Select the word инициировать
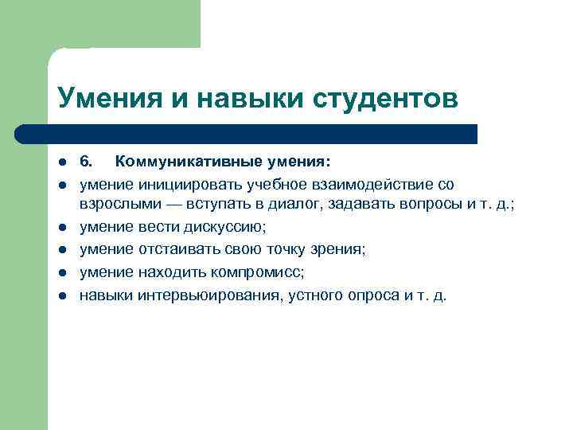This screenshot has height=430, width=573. point(181,185)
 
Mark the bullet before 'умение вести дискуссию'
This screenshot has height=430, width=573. point(60,228)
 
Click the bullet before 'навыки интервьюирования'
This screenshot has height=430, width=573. point(60,296)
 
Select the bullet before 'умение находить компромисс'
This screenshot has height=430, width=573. point(60,273)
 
